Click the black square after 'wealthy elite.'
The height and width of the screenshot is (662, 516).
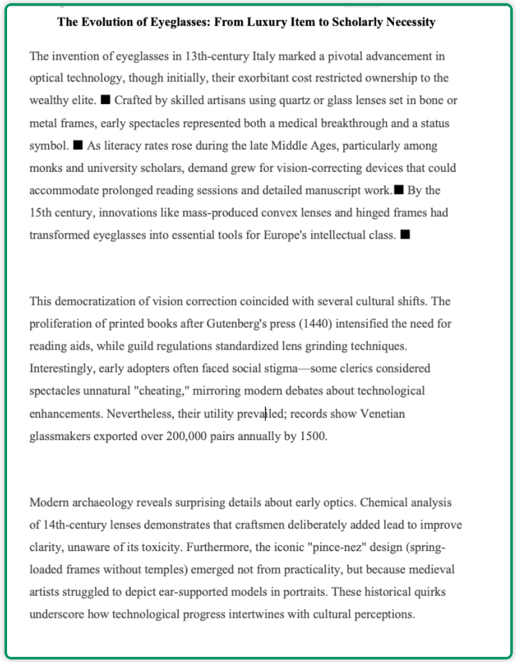point(106,101)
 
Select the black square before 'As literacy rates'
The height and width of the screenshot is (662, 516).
point(78,146)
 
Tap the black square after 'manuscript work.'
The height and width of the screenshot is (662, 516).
point(399,190)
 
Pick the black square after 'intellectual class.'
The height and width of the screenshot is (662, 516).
point(405,235)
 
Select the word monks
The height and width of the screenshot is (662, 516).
point(44,168)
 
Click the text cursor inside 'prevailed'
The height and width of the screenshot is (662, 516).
point(266,414)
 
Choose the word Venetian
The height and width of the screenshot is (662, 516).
point(383,414)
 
